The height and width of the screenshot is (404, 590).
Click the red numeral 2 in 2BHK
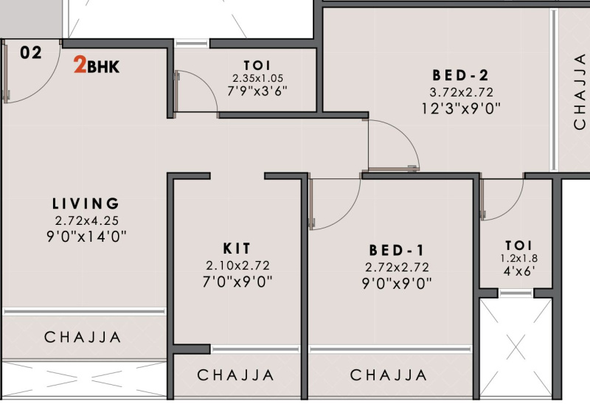coord(78,66)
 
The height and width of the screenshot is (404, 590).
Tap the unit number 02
coord(30,52)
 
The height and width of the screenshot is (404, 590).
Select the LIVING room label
coord(86,203)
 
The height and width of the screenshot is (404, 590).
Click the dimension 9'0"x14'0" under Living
coord(86,236)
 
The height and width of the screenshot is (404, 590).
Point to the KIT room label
coord(237,248)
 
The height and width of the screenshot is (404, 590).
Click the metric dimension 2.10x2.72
coord(237,265)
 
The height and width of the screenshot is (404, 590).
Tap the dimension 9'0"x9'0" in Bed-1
coord(397,283)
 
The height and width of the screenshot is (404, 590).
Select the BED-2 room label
coord(461,75)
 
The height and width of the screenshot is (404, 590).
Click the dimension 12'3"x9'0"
coord(461,109)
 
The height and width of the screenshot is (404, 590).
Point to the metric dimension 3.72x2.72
coord(461,92)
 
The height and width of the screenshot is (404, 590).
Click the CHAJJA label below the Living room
coord(83,338)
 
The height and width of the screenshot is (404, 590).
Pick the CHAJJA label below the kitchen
coord(236,375)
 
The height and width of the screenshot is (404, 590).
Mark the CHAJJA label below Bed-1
coord(389,375)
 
